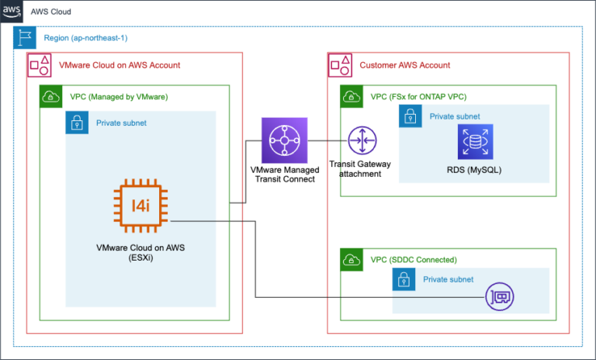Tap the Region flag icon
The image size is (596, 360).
click(x=24, y=38)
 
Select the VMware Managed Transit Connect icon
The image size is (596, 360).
click(x=285, y=140)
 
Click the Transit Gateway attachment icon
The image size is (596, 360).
click(x=361, y=140)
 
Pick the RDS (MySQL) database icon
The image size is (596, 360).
click(x=473, y=143)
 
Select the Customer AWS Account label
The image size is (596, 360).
click(x=404, y=65)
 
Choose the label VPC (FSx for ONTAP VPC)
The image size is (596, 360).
click(x=418, y=97)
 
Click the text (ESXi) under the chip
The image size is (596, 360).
click(x=140, y=259)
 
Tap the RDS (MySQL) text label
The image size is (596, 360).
click(x=473, y=169)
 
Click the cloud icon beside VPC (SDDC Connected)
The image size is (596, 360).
click(x=352, y=260)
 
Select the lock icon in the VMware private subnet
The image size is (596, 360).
click(x=77, y=123)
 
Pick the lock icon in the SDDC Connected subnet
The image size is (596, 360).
click(x=404, y=279)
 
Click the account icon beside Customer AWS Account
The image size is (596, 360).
click(x=342, y=65)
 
